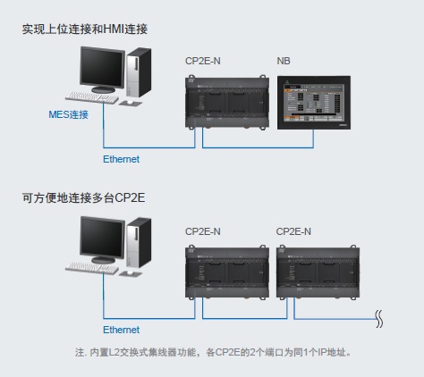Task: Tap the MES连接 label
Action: (69, 115)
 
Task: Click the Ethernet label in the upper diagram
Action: (122, 159)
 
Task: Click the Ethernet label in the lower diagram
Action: (122, 330)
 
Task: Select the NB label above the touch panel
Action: (284, 60)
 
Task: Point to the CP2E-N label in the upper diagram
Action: (203, 60)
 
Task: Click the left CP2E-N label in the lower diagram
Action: (203, 230)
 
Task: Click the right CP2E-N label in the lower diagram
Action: (293, 230)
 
